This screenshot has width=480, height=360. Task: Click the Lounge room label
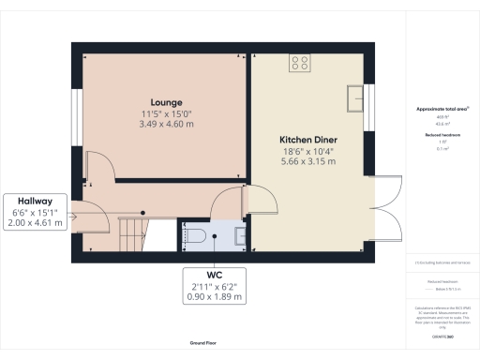pyautogui.click(x=167, y=101)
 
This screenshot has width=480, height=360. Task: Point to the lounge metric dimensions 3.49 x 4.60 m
pyautogui.click(x=167, y=124)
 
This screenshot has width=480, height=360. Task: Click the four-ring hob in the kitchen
pyautogui.click(x=302, y=64)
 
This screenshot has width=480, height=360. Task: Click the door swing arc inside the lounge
pyautogui.click(x=101, y=169)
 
